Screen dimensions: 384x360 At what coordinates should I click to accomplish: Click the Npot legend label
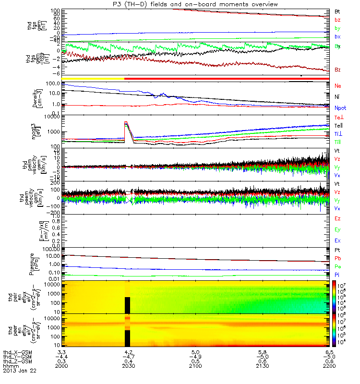point(340,108)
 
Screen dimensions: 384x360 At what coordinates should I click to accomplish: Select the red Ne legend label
point(337,85)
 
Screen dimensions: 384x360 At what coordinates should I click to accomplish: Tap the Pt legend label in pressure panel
point(337,250)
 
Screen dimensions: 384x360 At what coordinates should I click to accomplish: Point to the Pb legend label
point(337,258)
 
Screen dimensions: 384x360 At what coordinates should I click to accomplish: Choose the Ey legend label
point(337,229)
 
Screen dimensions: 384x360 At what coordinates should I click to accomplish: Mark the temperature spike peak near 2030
point(126,122)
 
